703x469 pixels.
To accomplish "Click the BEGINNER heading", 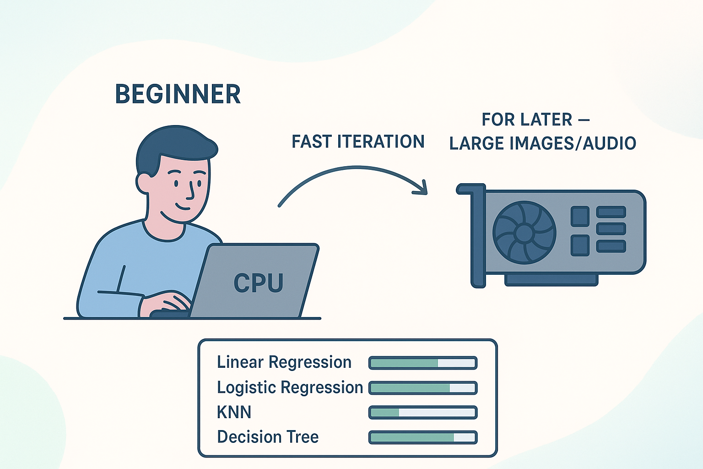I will coord(178,94).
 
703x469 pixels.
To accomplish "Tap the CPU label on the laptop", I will coord(258,283).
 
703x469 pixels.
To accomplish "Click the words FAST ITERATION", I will coord(358,142).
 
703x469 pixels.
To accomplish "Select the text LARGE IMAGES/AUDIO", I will coord(542,144).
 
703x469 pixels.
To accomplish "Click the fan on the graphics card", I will coord(524,233).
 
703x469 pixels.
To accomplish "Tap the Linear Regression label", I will coord(284,362).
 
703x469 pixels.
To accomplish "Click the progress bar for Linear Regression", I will coord(423,363).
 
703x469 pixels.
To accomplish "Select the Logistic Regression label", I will coord(290,387).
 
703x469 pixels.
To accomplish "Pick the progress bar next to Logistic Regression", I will coord(423,388).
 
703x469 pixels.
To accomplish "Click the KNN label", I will coord(234,412).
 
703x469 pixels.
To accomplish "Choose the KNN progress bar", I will coord(423,413).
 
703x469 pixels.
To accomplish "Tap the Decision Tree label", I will coord(268,437).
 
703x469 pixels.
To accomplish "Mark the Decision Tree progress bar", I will coord(423,437).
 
